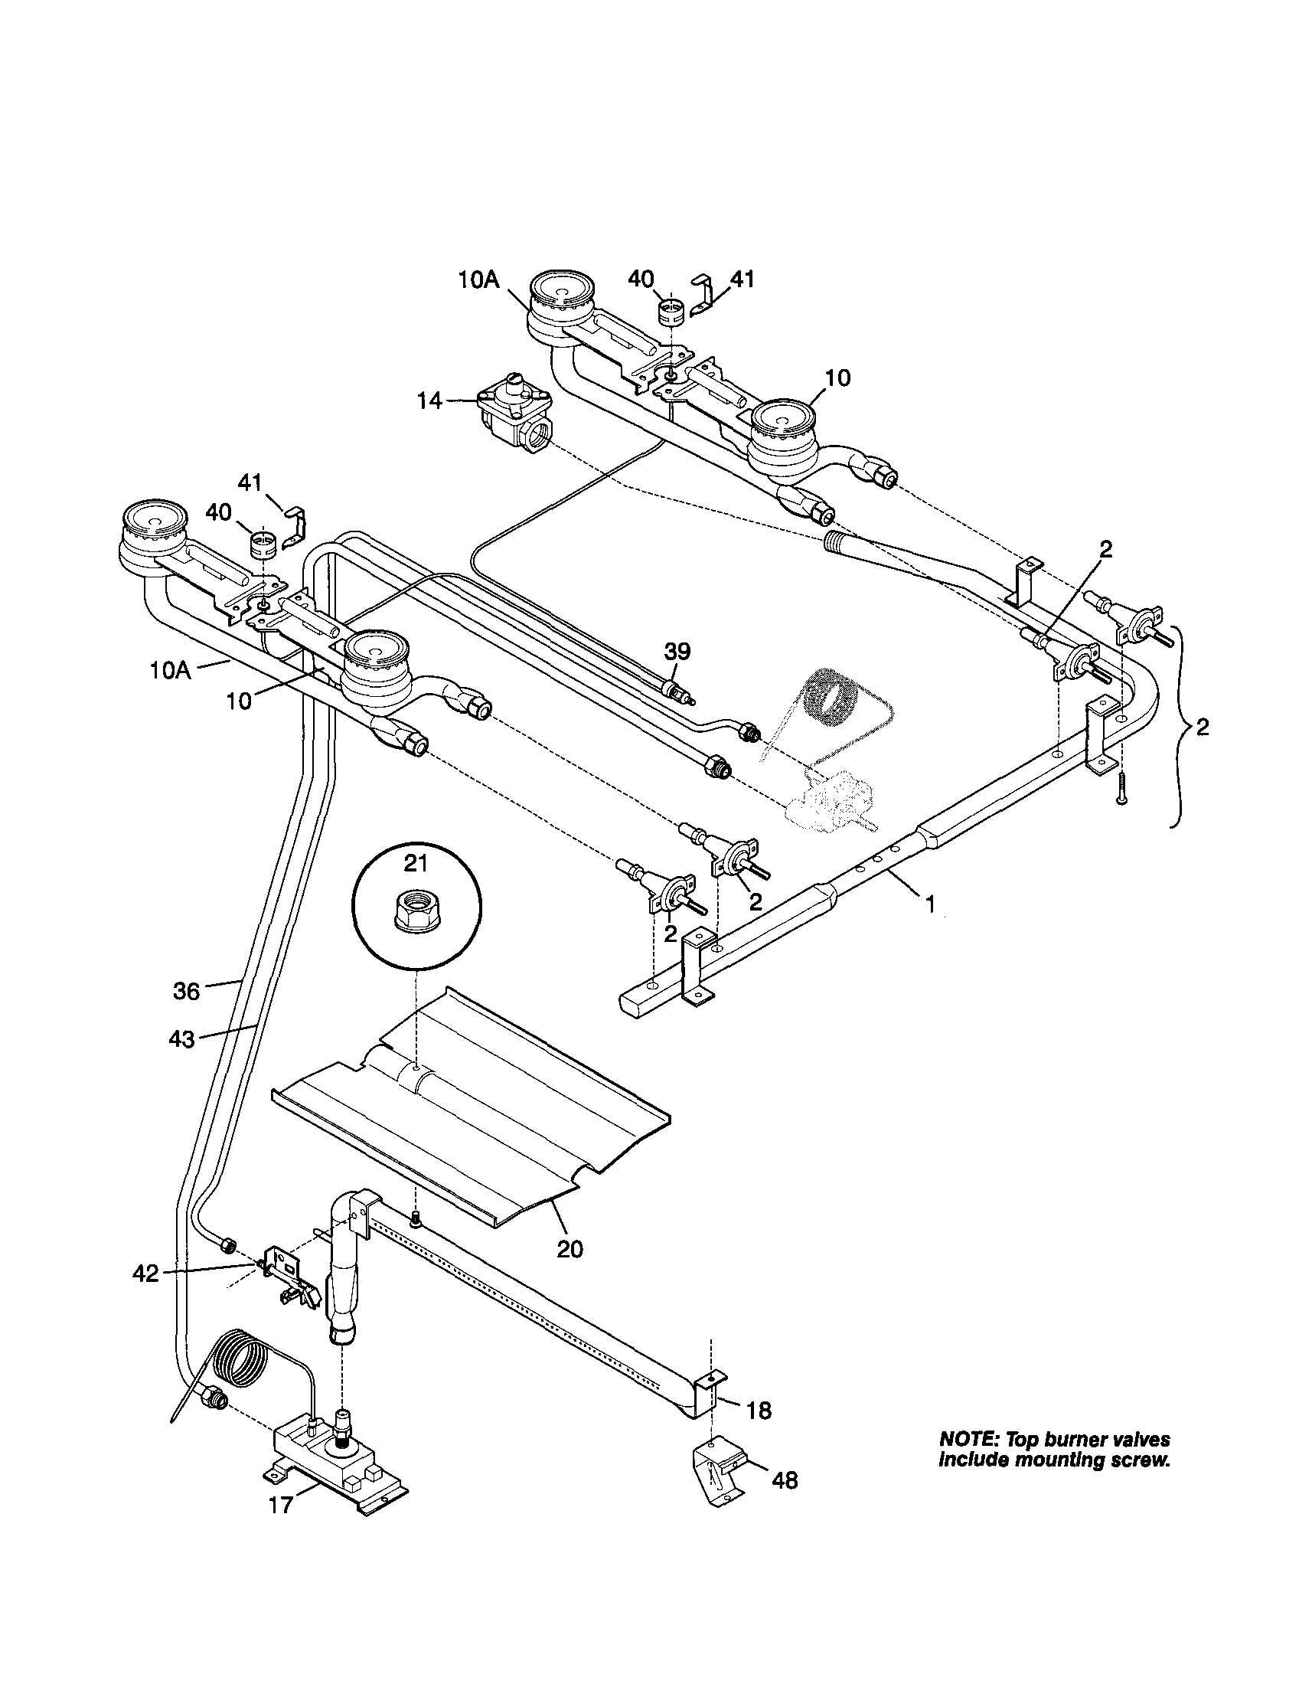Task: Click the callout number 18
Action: [x=759, y=1411]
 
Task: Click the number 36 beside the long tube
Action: [x=187, y=991]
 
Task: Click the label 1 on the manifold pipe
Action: [x=929, y=904]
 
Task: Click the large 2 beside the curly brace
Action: [x=1202, y=728]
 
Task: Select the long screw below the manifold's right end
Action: [x=1121, y=788]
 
